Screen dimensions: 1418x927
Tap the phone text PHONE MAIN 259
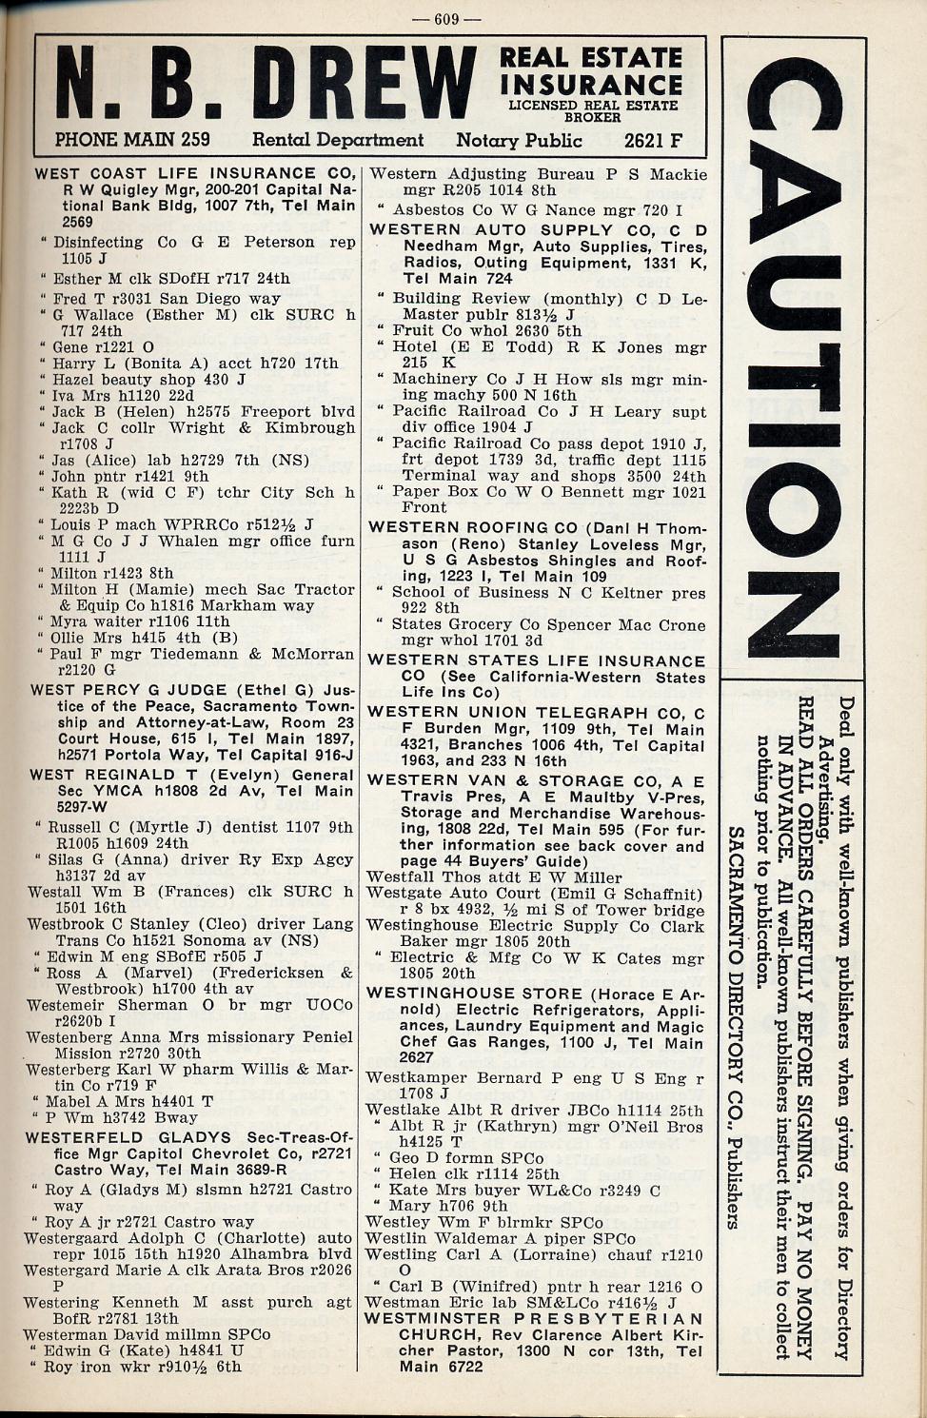132,140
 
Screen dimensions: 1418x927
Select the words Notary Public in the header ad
519,141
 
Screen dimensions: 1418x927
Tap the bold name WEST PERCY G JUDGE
127,690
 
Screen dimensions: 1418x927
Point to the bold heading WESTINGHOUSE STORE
475,994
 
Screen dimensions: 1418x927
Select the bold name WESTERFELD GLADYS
128,1138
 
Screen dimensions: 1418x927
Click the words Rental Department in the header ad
337,141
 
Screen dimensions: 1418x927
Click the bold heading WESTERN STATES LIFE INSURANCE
537,661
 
